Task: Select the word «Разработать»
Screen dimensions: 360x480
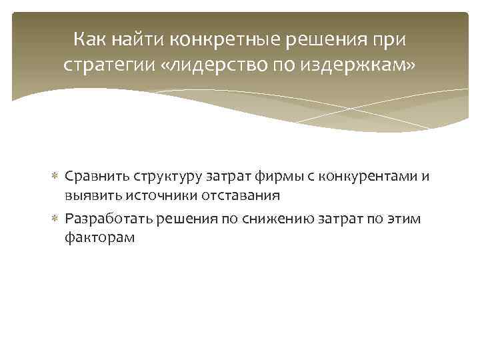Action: [x=105, y=219]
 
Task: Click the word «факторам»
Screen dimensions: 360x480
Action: [x=99, y=237]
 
